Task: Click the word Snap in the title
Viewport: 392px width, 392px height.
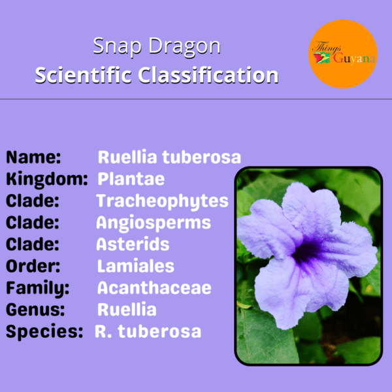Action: (117, 46)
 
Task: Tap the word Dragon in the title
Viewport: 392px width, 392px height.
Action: (185, 46)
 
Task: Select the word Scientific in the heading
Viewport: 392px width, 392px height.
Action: (83, 75)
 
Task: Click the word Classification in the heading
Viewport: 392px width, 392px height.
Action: (208, 75)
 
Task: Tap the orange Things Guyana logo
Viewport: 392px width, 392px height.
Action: (343, 54)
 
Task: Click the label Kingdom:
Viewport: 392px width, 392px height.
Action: (47, 179)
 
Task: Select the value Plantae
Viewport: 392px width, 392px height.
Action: (131, 179)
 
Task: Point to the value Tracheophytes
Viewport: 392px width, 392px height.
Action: (162, 201)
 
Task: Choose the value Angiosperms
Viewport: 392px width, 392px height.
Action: (154, 223)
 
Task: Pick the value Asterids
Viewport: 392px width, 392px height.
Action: (133, 244)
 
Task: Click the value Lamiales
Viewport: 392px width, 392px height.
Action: (135, 266)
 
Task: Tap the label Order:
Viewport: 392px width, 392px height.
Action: (33, 266)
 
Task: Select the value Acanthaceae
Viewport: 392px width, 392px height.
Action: (154, 288)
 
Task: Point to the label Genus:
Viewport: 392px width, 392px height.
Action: (35, 310)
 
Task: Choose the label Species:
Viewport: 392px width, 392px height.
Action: (44, 332)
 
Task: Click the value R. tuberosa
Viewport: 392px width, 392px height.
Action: (148, 331)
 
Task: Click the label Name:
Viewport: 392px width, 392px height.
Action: (33, 157)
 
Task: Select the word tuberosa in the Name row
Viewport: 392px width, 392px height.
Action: (201, 157)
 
